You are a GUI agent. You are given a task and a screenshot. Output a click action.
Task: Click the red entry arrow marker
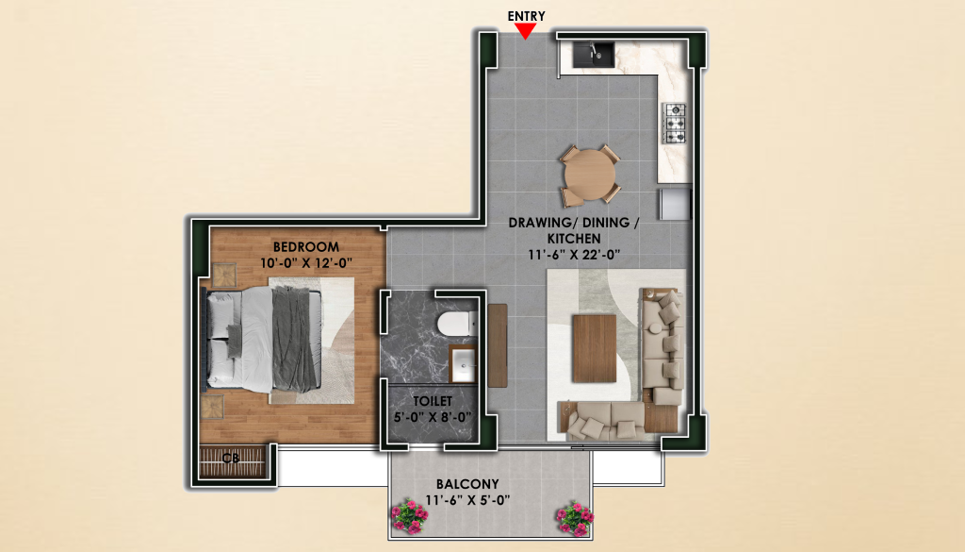point(525,31)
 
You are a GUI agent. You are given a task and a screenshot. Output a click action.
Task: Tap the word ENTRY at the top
point(526,16)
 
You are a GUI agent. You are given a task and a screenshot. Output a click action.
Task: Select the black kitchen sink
point(594,55)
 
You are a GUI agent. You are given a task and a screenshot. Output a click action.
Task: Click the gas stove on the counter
point(675,124)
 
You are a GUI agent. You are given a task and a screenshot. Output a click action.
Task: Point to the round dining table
point(590,175)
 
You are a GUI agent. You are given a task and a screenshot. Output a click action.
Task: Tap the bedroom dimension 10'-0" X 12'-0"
point(306,263)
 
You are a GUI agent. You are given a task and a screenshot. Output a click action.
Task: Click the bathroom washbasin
point(462,365)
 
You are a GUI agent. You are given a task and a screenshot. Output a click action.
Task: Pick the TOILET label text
point(433,401)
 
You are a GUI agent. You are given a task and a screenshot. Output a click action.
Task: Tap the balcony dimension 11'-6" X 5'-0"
point(467,500)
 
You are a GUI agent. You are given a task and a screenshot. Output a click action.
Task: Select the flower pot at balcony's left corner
point(410,516)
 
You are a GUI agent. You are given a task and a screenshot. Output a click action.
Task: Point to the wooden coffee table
point(594,348)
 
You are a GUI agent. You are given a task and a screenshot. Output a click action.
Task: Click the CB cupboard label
point(231,459)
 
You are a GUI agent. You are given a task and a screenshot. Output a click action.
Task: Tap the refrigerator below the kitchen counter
point(675,204)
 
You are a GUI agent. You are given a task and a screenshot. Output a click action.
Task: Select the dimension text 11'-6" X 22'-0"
point(574,255)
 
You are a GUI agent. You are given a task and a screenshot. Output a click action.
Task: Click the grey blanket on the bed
point(294,339)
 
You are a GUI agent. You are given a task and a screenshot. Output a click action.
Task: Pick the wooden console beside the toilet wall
point(498,345)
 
